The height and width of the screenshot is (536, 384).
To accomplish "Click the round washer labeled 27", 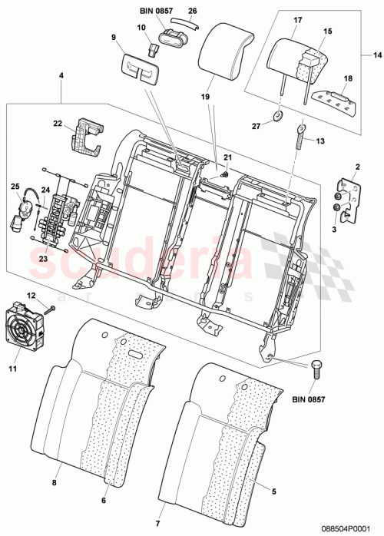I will click(x=276, y=117).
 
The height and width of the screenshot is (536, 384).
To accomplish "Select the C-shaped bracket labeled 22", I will click(x=87, y=137).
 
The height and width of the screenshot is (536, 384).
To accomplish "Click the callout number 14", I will click(x=376, y=55).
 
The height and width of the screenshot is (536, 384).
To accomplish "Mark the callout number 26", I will click(x=193, y=11).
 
